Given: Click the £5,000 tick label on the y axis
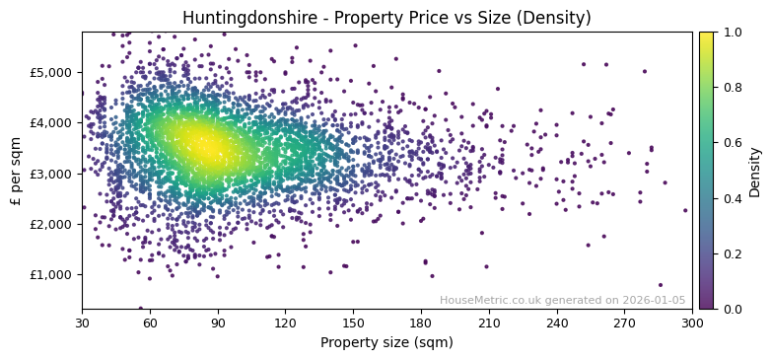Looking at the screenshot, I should pos(49,72).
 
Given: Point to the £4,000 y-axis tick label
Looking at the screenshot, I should pos(49,122).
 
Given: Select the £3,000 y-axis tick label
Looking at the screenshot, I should pos(49,174).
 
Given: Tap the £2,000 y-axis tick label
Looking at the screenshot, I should pos(49,224).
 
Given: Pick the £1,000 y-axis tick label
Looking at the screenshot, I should pos(49,274).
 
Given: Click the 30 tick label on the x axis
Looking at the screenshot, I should pos(82,323).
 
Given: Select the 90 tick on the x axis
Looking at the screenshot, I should pos(218,323).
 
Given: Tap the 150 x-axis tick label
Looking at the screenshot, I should pos(353,323).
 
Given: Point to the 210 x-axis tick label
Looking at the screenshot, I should pos(489,323).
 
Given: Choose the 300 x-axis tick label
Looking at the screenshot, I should pos(692,323).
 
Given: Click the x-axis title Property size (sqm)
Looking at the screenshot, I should pos(386,342).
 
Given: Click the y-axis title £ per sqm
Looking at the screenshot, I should pos(16,171).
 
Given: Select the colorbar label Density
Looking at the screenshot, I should pos(755,171).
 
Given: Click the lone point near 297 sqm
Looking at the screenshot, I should pos(685,210).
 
